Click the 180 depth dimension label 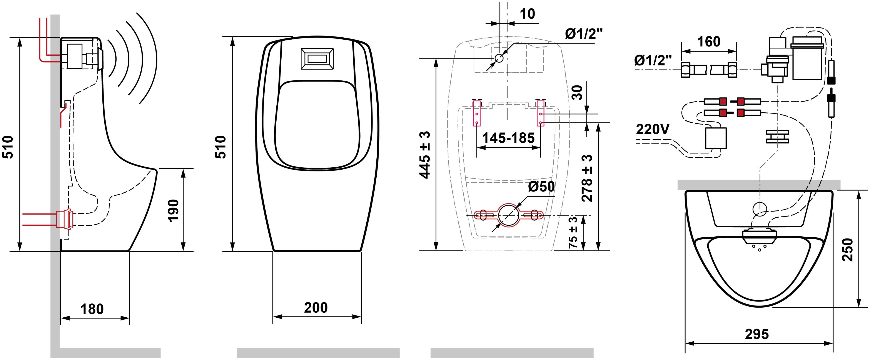(92, 309)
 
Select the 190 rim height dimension (173, 210)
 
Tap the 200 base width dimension (316, 308)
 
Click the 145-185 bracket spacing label (508, 138)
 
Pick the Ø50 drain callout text (541, 187)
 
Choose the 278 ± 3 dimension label (587, 178)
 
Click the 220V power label (653, 129)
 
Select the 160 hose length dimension (709, 42)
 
